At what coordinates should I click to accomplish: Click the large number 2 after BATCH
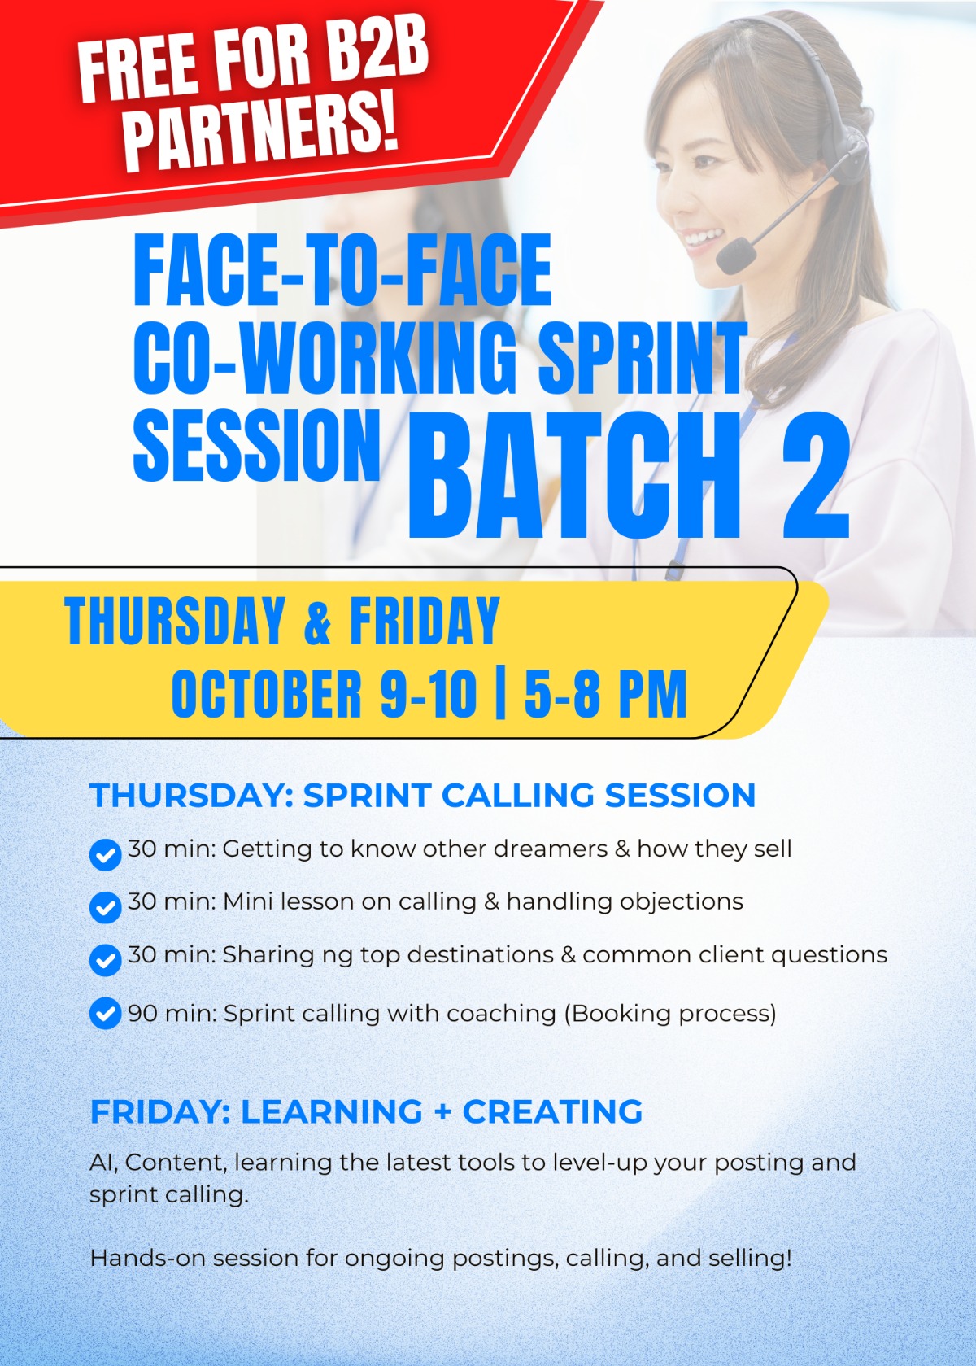pyautogui.click(x=816, y=475)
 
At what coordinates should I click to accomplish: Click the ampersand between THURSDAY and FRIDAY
pyautogui.click(x=317, y=622)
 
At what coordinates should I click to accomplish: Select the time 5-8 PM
pyautogui.click(x=605, y=693)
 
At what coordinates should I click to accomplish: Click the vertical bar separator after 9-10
pyautogui.click(x=501, y=693)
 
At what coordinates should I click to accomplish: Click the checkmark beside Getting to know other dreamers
pyautogui.click(x=106, y=854)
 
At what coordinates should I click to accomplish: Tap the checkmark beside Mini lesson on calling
pyautogui.click(x=106, y=907)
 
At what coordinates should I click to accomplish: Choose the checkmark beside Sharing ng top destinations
pyautogui.click(x=106, y=960)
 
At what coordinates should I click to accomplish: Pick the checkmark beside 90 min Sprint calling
pyautogui.click(x=106, y=1014)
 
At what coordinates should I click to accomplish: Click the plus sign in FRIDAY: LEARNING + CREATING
pyautogui.click(x=443, y=1111)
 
